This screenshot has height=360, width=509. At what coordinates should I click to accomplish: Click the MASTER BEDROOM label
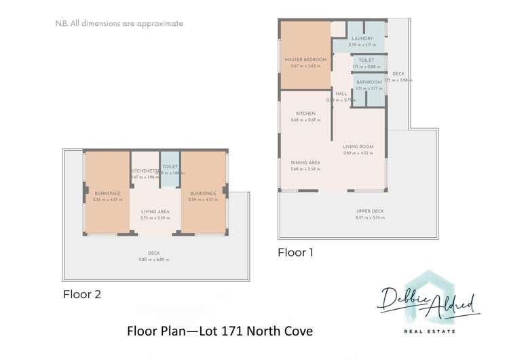[x=305, y=60]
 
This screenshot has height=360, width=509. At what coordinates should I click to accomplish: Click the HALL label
[x=341, y=94]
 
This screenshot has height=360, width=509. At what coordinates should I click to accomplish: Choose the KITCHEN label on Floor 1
[x=305, y=113]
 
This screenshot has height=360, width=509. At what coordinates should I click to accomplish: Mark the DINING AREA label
[x=305, y=163]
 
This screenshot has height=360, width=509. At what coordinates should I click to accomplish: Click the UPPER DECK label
[x=370, y=211]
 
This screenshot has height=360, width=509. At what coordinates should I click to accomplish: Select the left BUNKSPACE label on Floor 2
[x=107, y=193]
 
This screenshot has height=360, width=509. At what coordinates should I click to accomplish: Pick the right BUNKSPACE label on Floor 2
[x=203, y=193]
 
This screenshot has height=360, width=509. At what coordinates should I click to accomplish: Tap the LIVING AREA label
[x=155, y=211]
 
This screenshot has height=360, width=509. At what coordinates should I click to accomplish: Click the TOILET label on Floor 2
[x=170, y=166]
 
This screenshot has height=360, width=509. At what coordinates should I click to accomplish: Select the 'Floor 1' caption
[x=296, y=252]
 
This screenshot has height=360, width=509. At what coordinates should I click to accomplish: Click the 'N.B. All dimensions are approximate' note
[x=119, y=23]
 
